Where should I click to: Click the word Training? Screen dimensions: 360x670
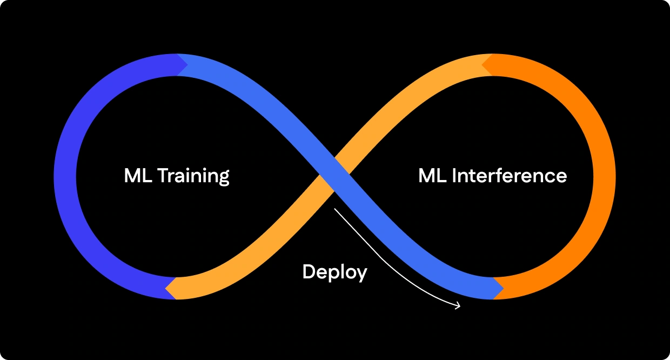[193, 176]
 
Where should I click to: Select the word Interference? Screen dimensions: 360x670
[509, 176]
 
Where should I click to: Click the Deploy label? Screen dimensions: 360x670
[334, 272]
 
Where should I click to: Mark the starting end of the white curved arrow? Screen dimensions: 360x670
[335, 209]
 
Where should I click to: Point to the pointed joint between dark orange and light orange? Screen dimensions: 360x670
[486, 65]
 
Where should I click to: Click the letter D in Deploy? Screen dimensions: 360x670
[308, 272]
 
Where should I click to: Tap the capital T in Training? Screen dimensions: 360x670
[162, 176]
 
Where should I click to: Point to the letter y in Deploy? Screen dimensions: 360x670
[361, 274]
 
